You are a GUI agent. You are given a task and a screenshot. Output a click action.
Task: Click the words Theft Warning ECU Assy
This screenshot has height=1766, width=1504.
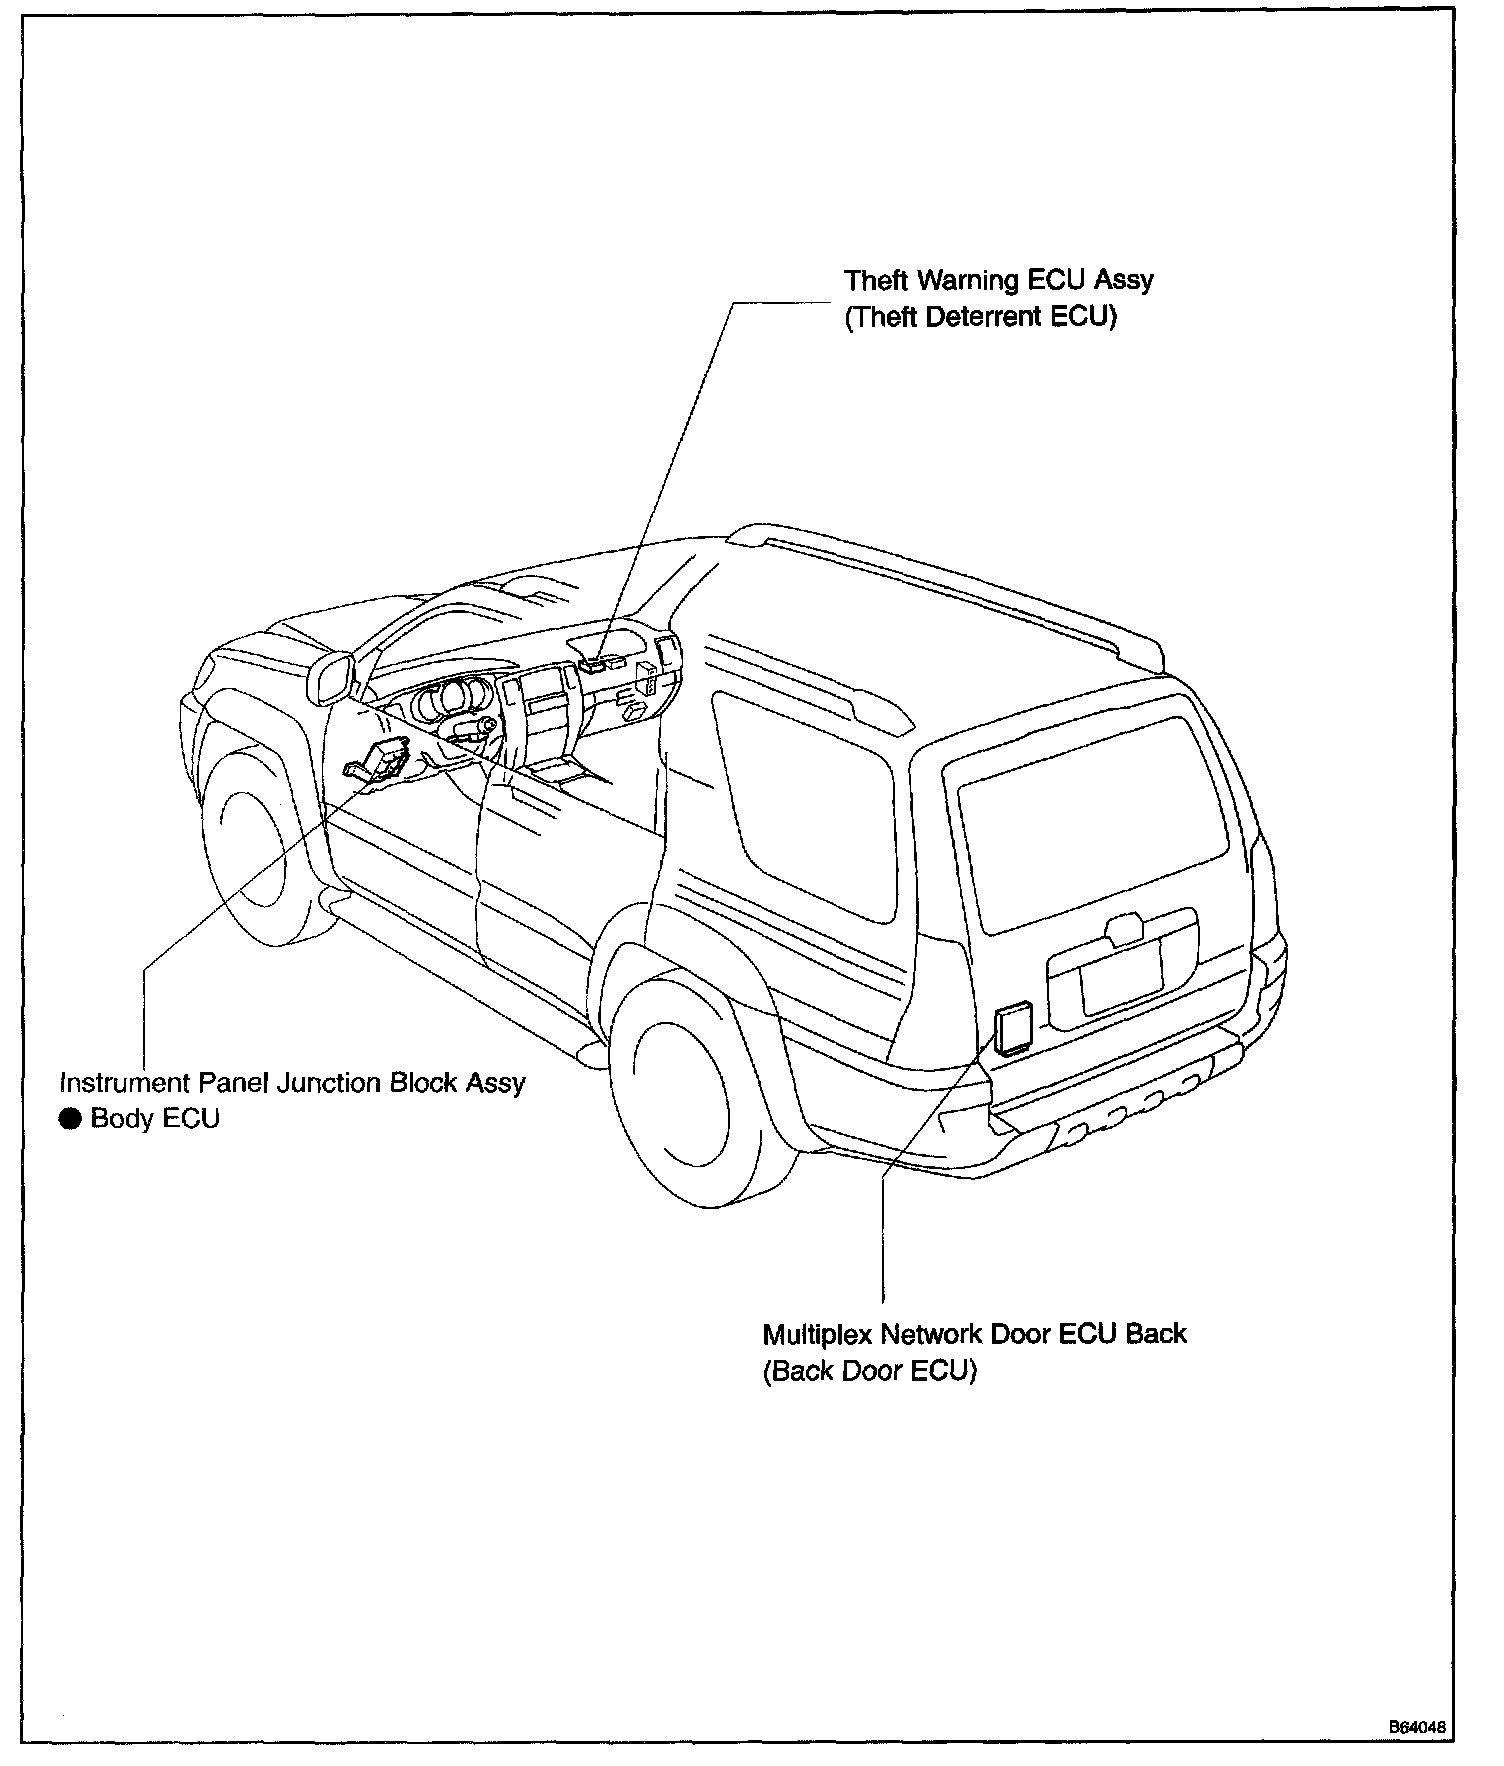point(998,280)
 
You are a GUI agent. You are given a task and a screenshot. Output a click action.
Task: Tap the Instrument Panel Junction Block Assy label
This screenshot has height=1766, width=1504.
point(292,1083)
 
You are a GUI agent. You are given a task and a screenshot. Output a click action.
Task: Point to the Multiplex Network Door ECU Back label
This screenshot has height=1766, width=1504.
point(974,1334)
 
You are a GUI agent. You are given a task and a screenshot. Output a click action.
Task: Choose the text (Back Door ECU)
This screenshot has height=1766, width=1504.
point(869,1370)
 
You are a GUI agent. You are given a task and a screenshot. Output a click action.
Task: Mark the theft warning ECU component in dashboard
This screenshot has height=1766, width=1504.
point(596,662)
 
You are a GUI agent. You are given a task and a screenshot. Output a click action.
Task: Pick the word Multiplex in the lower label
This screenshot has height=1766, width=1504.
point(817,1334)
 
